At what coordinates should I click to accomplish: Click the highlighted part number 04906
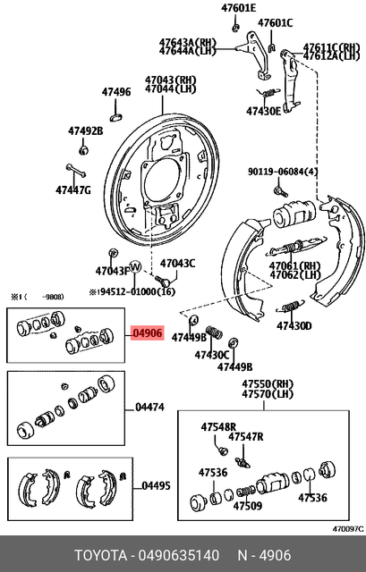click(147, 334)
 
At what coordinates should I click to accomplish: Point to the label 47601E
click(239, 8)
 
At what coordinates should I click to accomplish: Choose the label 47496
click(115, 92)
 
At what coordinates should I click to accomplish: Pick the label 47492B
click(86, 130)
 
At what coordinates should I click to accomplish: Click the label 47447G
click(73, 189)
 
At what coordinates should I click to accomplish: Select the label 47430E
click(264, 112)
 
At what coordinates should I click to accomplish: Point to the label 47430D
click(294, 326)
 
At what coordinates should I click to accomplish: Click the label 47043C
click(177, 264)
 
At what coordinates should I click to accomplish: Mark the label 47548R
click(218, 427)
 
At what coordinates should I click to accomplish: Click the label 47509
click(249, 505)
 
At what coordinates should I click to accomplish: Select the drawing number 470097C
click(345, 529)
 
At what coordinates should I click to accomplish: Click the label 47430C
click(211, 355)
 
